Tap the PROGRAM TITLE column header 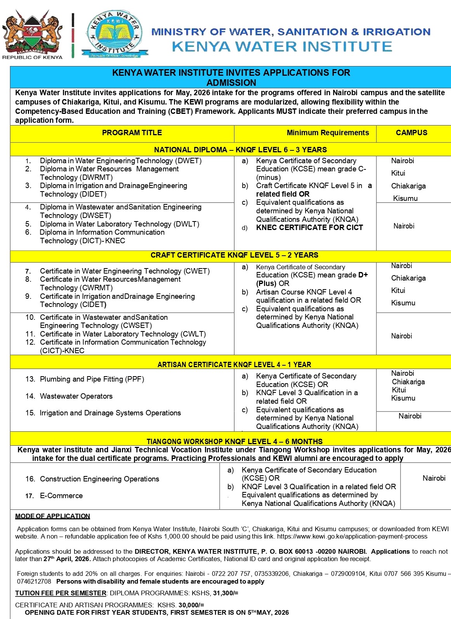[132, 133]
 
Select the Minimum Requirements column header [328, 133]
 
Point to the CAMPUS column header [411, 133]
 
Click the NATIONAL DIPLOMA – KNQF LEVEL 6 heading [240, 150]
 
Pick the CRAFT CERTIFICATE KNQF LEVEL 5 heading [234, 255]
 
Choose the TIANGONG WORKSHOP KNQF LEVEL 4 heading [234, 441]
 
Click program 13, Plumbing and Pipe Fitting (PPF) [92, 379]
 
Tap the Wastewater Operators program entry [76, 396]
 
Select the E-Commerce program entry [61, 496]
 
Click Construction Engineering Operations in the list [99, 479]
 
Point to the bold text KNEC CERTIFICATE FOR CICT [309, 228]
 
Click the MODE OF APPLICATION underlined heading [52, 516]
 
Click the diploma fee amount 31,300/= [225, 593]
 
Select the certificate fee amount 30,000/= [191, 605]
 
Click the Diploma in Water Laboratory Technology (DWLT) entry [119, 224]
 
